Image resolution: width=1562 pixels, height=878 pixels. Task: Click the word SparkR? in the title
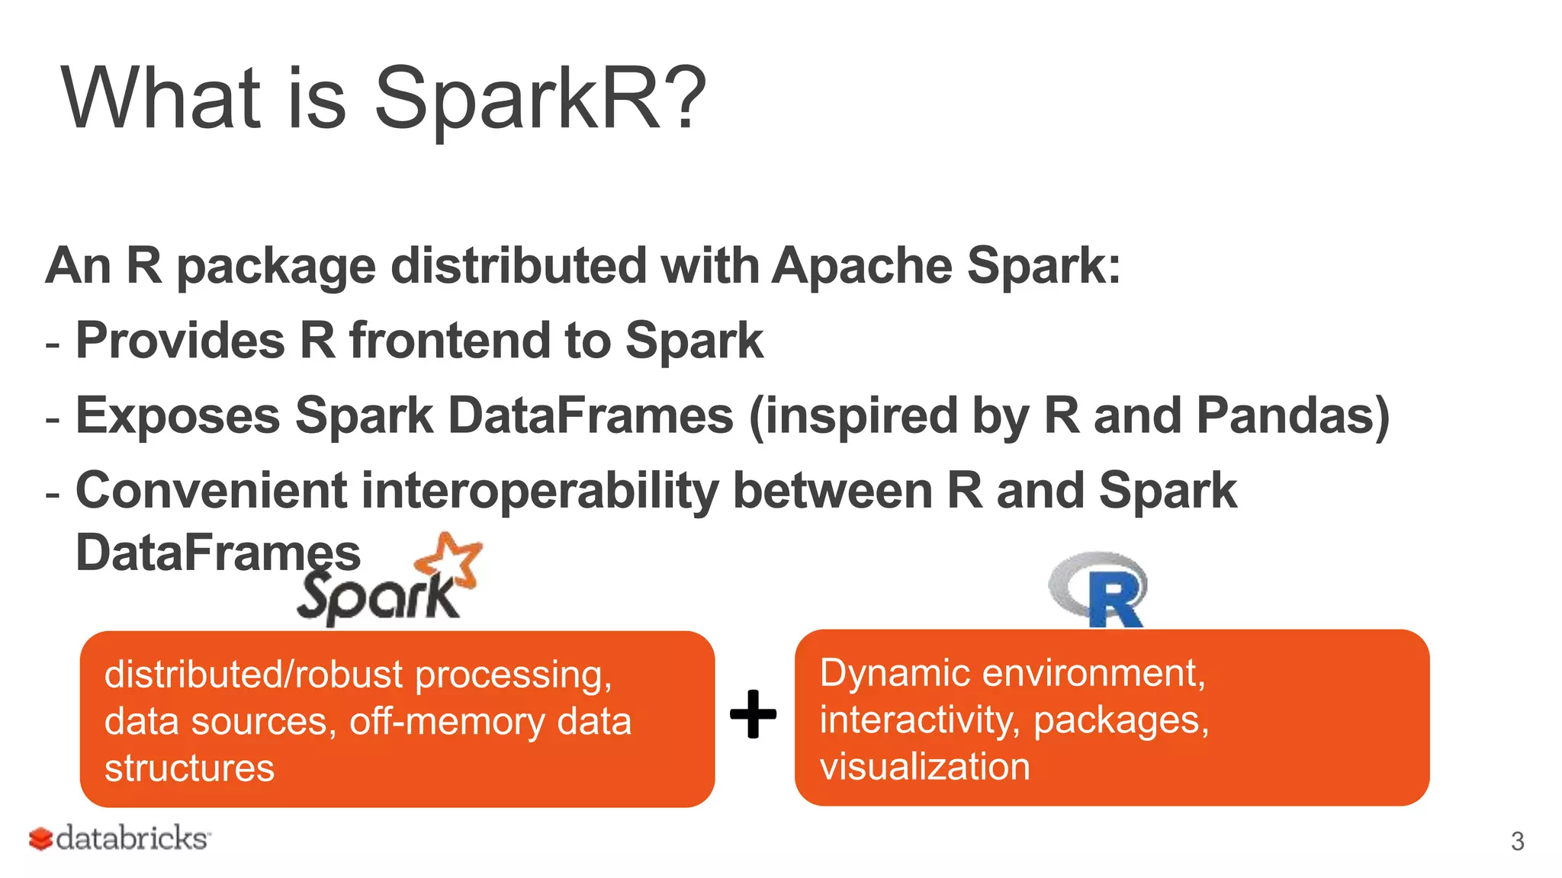[540, 99]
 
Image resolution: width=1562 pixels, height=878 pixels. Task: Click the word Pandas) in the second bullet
[1293, 416]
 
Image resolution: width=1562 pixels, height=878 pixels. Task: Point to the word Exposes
[178, 416]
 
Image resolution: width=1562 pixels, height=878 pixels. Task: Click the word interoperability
[539, 491]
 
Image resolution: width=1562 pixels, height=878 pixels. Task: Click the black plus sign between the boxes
[753, 714]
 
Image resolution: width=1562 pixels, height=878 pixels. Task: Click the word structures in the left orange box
[189, 768]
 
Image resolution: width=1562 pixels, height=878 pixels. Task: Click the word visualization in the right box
[924, 767]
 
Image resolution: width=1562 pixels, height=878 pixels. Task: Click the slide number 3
[1517, 841]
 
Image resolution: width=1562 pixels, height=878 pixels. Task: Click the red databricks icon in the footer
[40, 839]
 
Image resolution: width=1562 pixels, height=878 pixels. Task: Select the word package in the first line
[276, 268]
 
